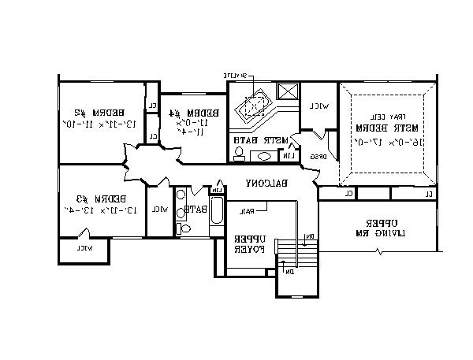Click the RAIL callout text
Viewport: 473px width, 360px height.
pyautogui.click(x=248, y=210)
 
